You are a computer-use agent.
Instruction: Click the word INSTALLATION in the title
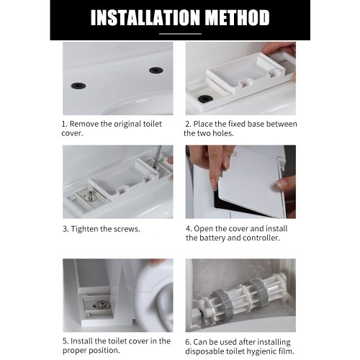145,17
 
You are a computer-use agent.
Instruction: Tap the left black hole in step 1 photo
78,86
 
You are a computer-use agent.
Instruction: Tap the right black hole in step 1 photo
156,71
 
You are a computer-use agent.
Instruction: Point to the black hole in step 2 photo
205,99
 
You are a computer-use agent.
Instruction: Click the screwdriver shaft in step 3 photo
158,155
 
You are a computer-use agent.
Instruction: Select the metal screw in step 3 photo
91,196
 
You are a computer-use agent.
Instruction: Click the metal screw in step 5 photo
102,305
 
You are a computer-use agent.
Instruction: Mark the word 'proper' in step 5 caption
75,351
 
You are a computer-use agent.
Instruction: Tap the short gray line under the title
180,34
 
